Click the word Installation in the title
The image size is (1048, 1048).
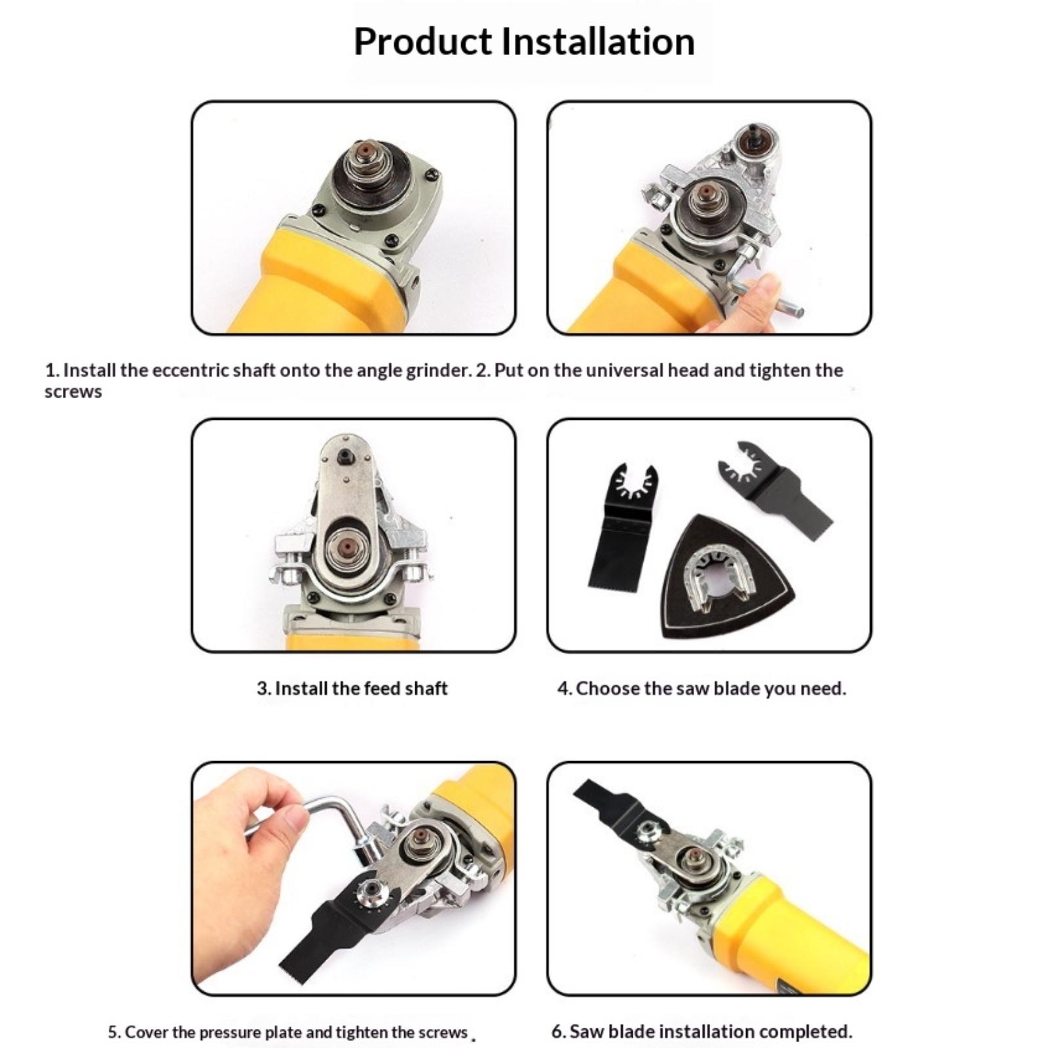[598, 41]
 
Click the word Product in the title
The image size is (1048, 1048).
[422, 42]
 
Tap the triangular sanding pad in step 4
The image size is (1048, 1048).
[728, 576]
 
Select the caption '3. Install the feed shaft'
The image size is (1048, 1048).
[352, 688]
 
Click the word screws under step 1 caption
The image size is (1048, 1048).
[73, 392]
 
